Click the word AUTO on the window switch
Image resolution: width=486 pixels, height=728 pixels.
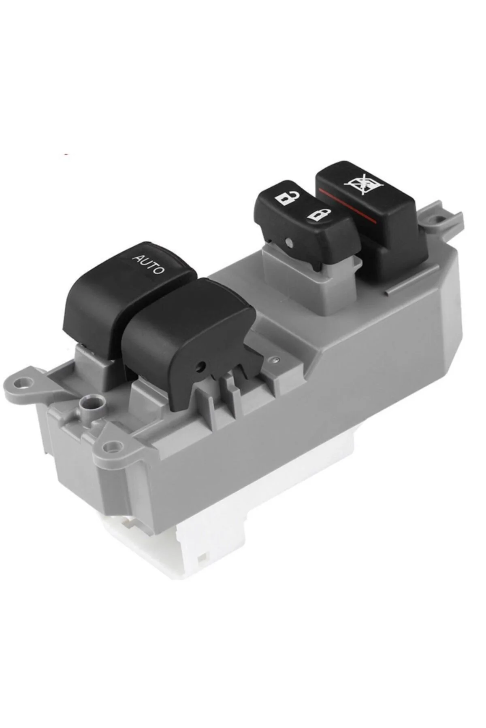pyautogui.click(x=149, y=263)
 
